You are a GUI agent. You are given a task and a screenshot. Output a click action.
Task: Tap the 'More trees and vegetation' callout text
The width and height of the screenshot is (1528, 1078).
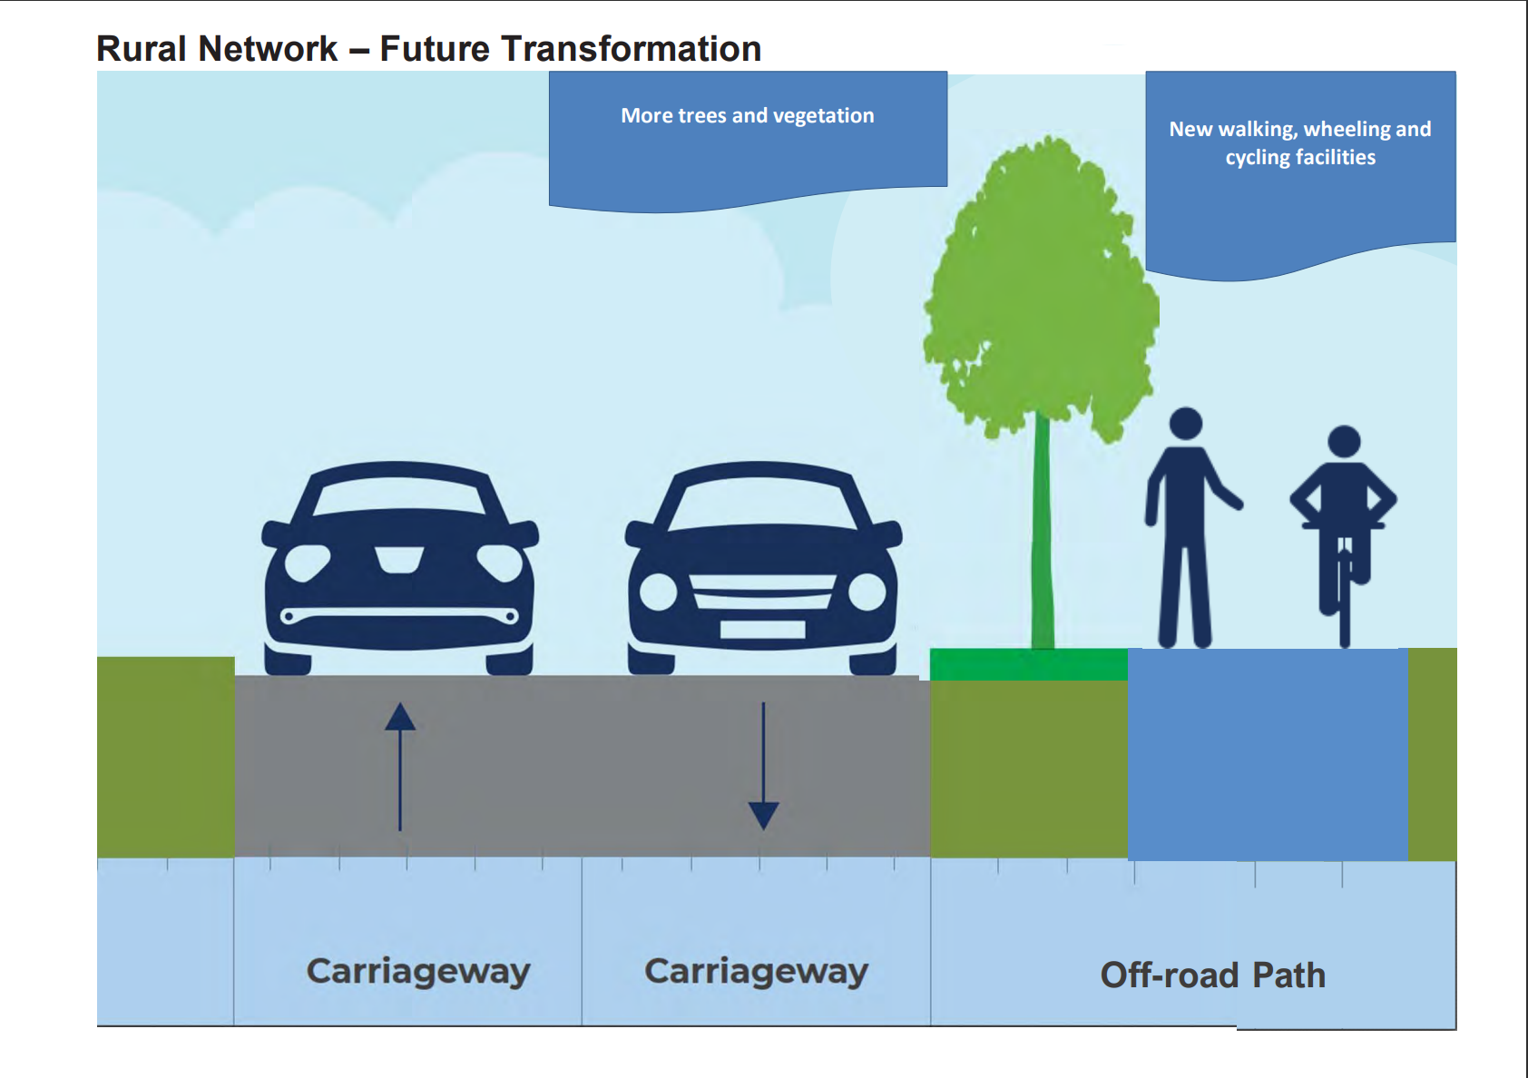pos(747,116)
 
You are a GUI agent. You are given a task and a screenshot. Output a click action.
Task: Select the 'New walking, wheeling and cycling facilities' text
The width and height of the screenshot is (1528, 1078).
pos(1299,143)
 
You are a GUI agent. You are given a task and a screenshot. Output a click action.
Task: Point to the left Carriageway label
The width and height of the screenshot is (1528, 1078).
pos(418,971)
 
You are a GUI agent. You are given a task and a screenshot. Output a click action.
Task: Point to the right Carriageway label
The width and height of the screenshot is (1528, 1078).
pos(756,971)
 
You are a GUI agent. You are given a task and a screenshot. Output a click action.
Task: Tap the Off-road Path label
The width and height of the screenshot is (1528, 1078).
pos(1212,975)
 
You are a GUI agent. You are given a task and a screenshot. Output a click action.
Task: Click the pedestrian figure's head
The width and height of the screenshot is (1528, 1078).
pos(1185,424)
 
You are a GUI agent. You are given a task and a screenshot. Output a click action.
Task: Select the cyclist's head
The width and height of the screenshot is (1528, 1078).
pos(1344,442)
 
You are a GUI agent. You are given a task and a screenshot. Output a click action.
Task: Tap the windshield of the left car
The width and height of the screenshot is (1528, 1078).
pos(399,495)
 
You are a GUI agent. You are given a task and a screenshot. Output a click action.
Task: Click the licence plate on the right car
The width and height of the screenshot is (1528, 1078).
pos(762,629)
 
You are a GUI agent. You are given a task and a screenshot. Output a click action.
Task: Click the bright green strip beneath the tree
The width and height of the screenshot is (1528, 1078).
pos(1028,664)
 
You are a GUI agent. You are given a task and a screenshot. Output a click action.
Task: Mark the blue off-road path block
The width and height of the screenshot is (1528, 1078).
pos(1267,753)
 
